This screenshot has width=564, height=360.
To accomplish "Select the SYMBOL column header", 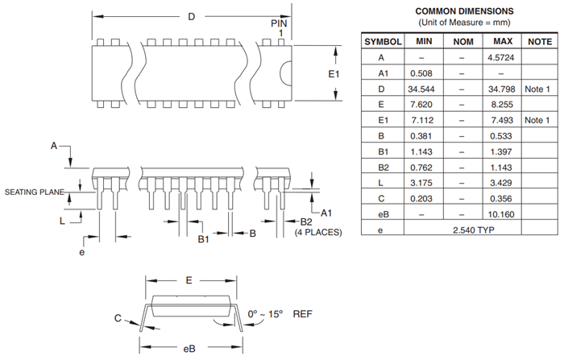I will coord(382,41).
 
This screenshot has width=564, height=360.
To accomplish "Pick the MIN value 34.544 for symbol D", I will coord(423,89).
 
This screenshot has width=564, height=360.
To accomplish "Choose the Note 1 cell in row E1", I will coord(537,120).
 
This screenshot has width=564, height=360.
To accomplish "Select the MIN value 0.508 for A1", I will coord(423,73).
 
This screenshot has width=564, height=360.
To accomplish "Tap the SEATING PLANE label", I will coord(33,192).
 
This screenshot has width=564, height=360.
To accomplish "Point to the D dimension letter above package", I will coord(191,17).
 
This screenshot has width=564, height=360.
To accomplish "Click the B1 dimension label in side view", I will coord(204,239).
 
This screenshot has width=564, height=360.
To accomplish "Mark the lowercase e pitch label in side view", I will coord(81,252).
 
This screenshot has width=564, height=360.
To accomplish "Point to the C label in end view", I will coord(118,319).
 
